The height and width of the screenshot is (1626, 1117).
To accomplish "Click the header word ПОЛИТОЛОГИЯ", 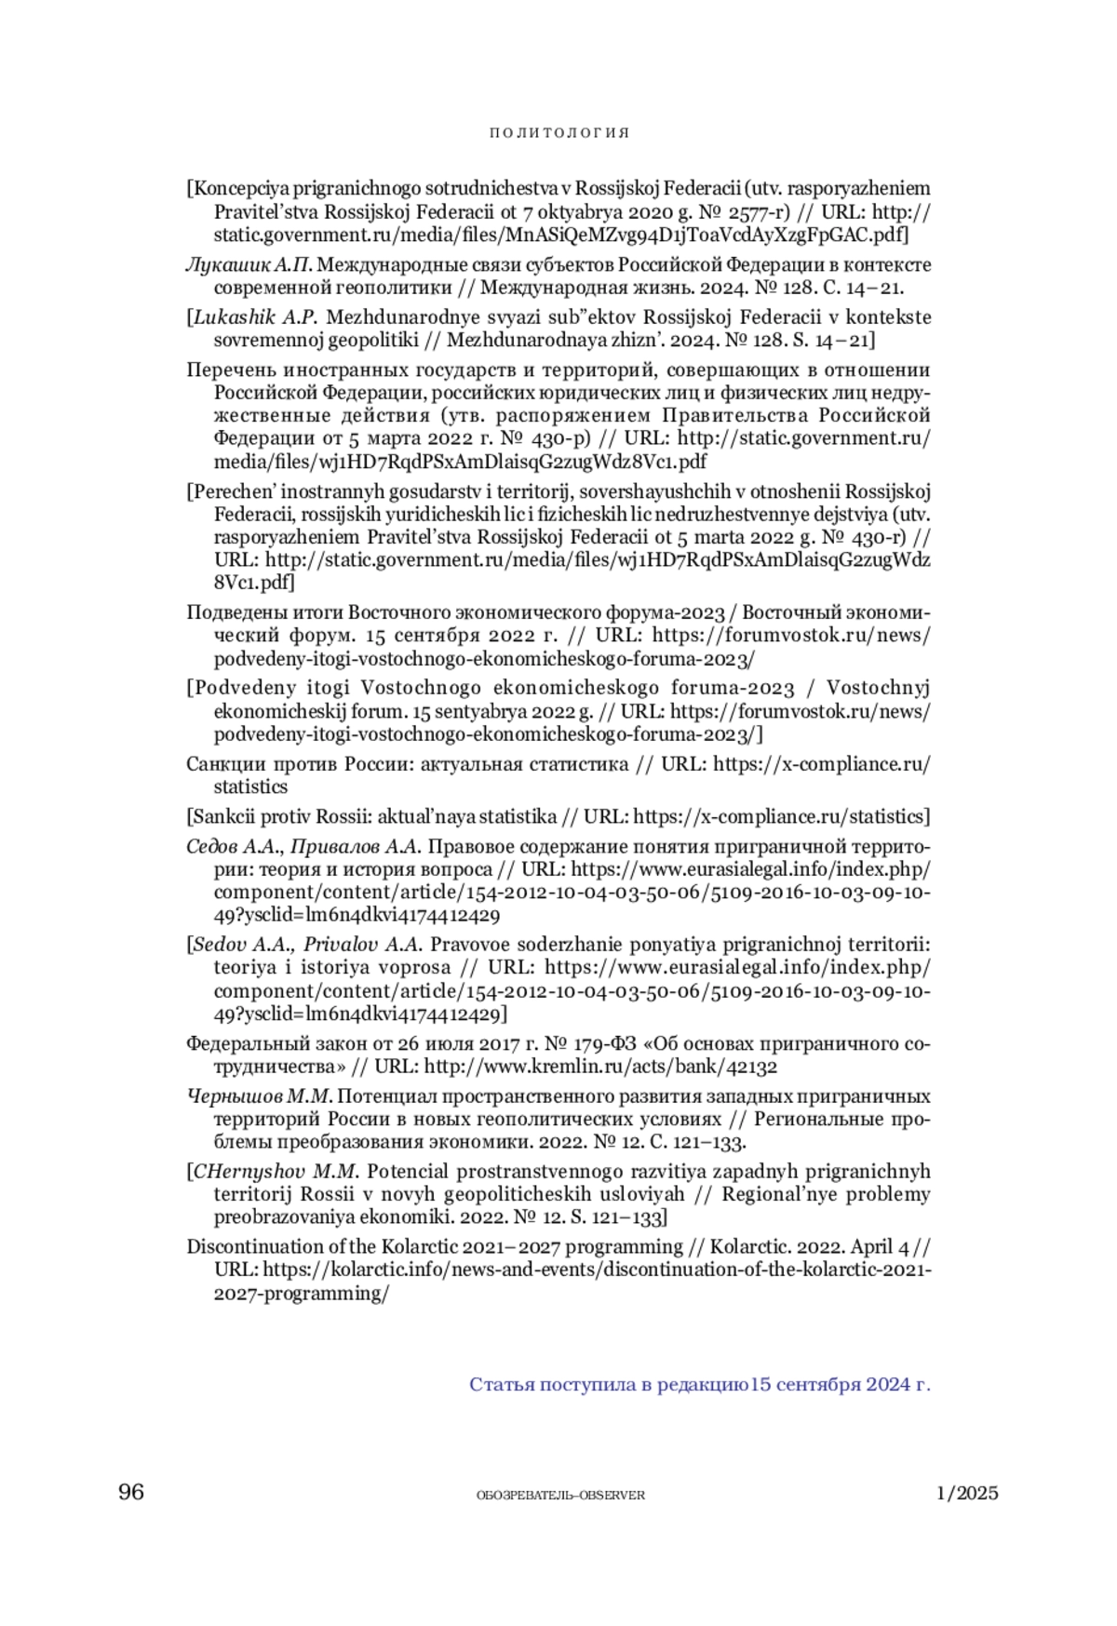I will point(559,132).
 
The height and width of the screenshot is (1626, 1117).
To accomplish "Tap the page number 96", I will point(131,1491).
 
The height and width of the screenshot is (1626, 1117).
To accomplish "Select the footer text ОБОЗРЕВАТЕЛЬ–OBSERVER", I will point(560,1495).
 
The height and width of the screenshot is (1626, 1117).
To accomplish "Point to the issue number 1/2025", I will point(967,1493).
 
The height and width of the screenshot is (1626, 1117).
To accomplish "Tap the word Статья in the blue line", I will point(502,1384).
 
